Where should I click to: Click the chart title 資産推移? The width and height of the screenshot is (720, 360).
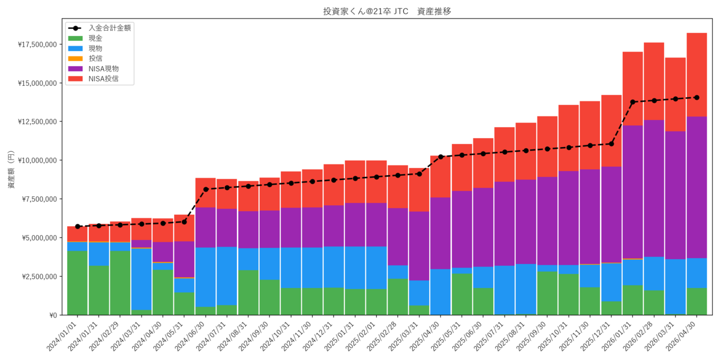(x=434, y=11)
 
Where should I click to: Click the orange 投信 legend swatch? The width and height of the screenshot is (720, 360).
(x=76, y=59)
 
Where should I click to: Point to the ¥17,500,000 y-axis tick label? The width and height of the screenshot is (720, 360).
(x=37, y=44)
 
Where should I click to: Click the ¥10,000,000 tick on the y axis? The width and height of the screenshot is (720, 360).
(x=37, y=160)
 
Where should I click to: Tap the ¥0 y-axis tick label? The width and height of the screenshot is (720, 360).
(x=53, y=316)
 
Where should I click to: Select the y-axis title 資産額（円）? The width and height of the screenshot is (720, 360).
(x=11, y=169)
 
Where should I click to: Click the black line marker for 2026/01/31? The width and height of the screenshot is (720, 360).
(x=632, y=102)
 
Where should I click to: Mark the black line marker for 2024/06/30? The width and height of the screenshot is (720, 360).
(x=206, y=190)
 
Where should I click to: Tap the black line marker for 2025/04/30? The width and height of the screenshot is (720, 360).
(x=440, y=157)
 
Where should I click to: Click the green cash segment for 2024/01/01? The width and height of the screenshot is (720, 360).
(x=77, y=283)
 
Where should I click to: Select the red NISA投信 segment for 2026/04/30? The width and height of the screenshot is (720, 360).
(x=697, y=75)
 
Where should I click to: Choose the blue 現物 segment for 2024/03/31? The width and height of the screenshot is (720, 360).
(x=142, y=279)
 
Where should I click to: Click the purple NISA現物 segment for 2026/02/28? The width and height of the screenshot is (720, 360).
(x=654, y=188)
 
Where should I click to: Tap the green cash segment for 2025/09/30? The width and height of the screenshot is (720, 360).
(x=547, y=293)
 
